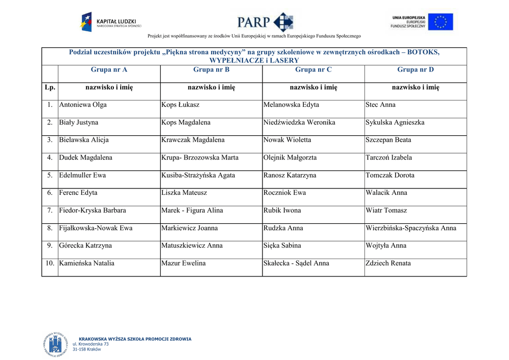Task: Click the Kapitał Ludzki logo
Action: (x=111, y=22)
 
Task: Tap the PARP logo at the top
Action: (x=265, y=22)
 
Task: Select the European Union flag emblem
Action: (x=440, y=22)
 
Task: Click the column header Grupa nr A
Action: (x=109, y=70)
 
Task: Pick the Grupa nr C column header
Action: (x=313, y=70)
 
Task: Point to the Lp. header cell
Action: (x=50, y=88)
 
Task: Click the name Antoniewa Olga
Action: (x=83, y=105)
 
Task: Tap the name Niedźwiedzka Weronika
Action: (x=299, y=122)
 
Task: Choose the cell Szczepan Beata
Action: (x=388, y=140)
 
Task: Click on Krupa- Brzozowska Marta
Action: (x=200, y=158)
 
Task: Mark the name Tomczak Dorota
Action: (x=390, y=176)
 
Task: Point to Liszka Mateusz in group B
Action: (x=184, y=193)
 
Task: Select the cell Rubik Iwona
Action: (x=282, y=210)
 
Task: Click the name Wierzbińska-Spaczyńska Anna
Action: (x=411, y=228)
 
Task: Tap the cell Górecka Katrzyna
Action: (x=85, y=246)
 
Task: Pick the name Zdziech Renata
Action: (x=388, y=264)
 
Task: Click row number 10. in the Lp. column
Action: (x=50, y=264)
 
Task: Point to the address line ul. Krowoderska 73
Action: (x=90, y=344)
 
